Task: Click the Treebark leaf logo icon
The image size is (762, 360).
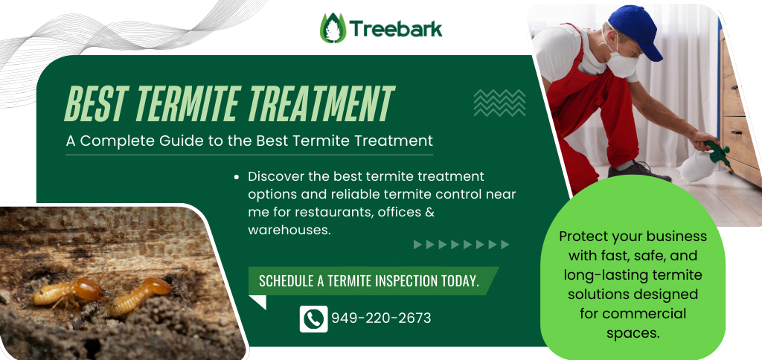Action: tap(333, 28)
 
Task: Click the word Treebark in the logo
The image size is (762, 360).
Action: tap(396, 29)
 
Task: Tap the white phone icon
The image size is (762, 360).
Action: tap(313, 318)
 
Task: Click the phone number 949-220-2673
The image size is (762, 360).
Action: tap(381, 318)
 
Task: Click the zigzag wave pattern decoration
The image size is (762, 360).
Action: tap(499, 103)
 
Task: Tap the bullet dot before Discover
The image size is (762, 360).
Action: tap(237, 177)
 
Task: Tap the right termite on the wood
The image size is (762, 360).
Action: tap(141, 295)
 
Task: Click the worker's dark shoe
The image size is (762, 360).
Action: tap(639, 171)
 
